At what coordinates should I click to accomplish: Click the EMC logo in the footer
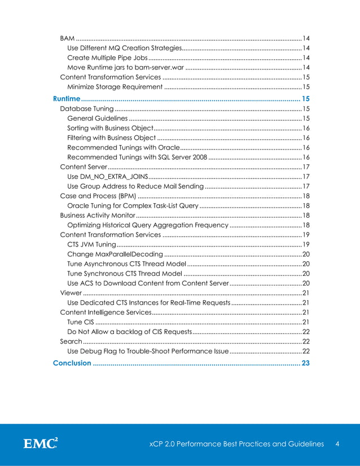tap(40, 444)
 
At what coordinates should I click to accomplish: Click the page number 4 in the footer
tap(337, 444)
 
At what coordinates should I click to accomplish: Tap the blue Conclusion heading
tap(72, 363)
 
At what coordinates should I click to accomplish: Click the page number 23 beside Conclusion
tap(305, 363)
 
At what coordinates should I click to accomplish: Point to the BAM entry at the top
tap(67, 37)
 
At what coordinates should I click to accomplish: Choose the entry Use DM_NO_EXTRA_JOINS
tap(107, 177)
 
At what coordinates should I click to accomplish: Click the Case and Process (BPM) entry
tap(97, 196)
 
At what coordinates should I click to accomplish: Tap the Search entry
tap(71, 341)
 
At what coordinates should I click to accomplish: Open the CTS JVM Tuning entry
tap(91, 244)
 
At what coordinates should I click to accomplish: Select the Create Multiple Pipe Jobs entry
tap(107, 58)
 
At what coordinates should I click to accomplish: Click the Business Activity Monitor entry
tap(97, 216)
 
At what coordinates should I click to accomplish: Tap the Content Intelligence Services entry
tap(105, 311)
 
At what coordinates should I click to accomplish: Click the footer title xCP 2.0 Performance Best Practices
tap(232, 444)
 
